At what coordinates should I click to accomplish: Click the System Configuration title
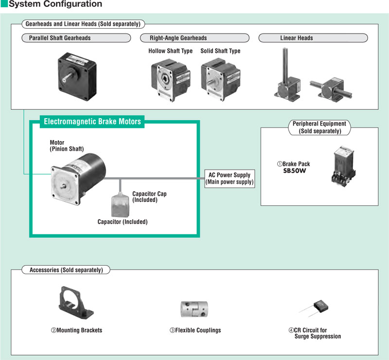click(55, 4)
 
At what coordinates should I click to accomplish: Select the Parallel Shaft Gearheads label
click(60, 38)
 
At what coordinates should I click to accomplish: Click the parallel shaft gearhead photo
click(77, 76)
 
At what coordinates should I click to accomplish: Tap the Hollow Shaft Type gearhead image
click(171, 80)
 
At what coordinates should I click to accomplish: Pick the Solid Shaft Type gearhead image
click(221, 79)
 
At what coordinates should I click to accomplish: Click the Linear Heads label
click(297, 38)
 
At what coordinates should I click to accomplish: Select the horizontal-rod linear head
click(331, 89)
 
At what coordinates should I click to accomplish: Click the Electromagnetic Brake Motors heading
click(92, 122)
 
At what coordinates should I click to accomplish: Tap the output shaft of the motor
click(64, 185)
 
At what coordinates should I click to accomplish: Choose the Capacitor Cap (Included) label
click(149, 197)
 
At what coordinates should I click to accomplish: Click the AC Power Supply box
click(230, 179)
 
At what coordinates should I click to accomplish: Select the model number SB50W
click(295, 171)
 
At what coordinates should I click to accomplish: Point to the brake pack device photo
click(344, 166)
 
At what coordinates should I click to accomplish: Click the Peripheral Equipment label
click(319, 127)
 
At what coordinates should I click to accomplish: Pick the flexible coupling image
click(194, 309)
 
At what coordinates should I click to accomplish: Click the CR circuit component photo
click(314, 308)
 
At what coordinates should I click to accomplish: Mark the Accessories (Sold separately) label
click(66, 270)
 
